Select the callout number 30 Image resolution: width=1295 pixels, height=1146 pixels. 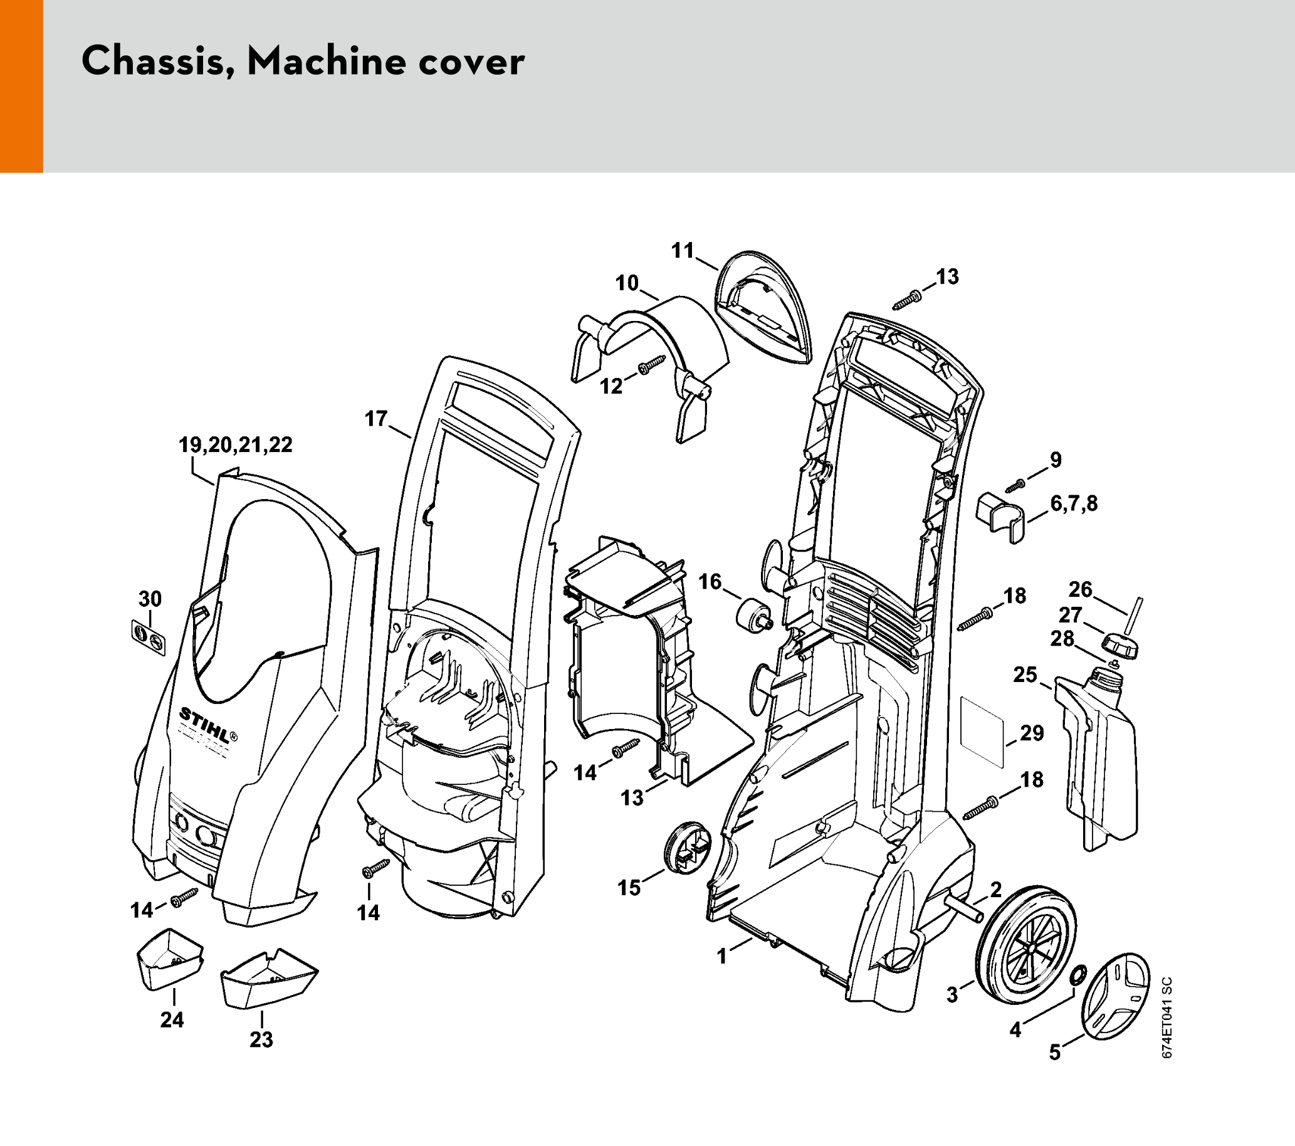pyautogui.click(x=150, y=599)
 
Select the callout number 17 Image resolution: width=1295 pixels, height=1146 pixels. pyautogui.click(x=375, y=419)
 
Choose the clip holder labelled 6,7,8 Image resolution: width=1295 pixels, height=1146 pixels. pyautogui.click(x=1000, y=515)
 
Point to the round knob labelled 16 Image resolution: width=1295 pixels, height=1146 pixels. pyautogui.click(x=752, y=613)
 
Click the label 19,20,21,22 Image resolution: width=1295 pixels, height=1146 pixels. pyautogui.click(x=236, y=444)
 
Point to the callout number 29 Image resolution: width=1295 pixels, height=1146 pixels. pyautogui.click(x=1032, y=733)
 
